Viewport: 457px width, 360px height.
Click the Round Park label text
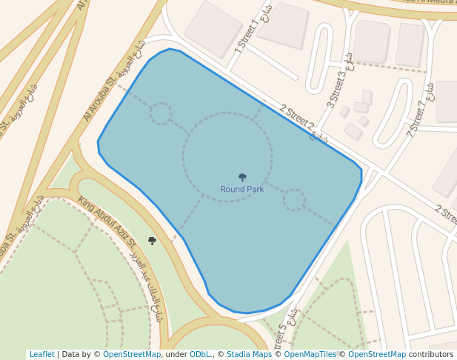[x=241, y=190]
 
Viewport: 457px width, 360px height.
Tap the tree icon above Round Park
[x=242, y=178]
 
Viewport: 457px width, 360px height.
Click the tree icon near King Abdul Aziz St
[x=153, y=241]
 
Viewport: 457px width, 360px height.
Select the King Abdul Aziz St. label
[x=107, y=222]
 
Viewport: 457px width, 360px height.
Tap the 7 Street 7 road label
[x=417, y=119]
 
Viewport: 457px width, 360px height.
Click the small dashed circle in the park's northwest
[x=161, y=113]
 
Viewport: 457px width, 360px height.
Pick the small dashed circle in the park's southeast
[x=294, y=200]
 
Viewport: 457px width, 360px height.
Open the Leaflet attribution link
[x=41, y=355]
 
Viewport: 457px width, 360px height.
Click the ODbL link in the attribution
[x=200, y=355]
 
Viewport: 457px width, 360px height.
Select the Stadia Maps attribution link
[x=249, y=355]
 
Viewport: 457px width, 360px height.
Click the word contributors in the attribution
[x=431, y=355]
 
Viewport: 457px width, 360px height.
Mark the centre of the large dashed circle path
[x=227, y=157]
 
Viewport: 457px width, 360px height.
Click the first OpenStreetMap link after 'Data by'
[x=132, y=355]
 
